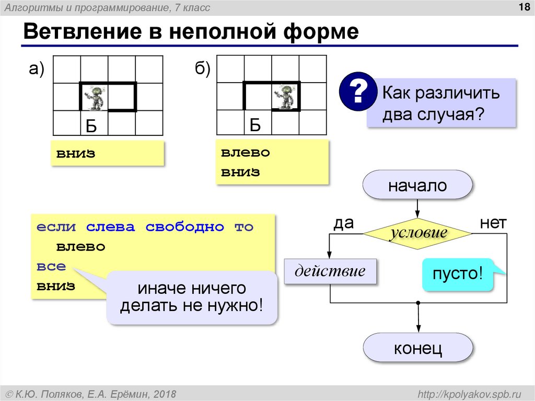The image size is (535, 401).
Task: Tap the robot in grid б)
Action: click(285, 97)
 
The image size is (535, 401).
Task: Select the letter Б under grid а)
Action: click(91, 125)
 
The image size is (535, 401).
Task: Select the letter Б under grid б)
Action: click(254, 125)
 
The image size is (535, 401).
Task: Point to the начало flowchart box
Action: click(417, 186)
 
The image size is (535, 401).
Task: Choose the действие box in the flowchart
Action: click(330, 271)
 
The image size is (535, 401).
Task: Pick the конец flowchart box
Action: click(417, 348)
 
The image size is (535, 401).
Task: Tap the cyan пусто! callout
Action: click(457, 274)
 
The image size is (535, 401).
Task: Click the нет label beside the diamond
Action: click(493, 224)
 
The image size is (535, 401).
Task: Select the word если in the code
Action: click(57, 227)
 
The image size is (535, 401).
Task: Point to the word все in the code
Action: click(51, 266)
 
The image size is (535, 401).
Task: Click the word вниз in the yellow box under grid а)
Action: click(76, 154)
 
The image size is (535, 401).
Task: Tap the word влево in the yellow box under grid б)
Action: click(245, 153)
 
